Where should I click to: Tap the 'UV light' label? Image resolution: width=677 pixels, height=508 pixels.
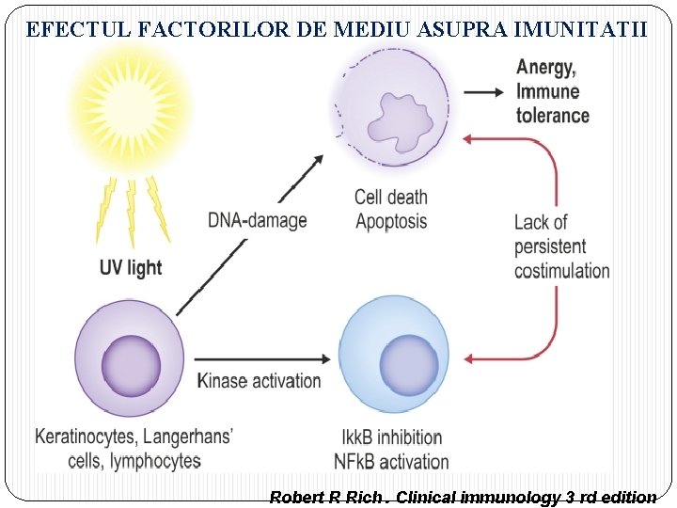(131, 267)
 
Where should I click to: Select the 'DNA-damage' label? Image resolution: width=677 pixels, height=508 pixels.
(257, 221)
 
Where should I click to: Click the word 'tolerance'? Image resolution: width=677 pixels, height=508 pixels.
(552, 116)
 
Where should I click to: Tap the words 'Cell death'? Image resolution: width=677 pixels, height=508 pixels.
(390, 198)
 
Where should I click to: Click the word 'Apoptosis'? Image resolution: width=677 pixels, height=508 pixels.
(390, 222)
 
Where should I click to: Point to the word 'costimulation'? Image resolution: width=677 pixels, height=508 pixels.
(561, 271)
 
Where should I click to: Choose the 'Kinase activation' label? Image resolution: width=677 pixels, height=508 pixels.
(259, 381)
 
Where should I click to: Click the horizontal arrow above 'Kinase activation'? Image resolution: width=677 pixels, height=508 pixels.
(263, 358)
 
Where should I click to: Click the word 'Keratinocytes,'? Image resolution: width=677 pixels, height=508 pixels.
(84, 437)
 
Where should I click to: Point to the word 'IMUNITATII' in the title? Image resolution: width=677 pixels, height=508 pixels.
(592, 29)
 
